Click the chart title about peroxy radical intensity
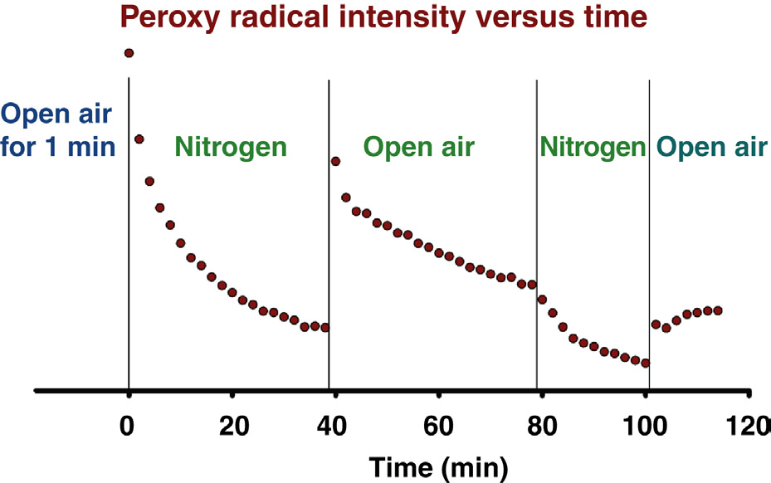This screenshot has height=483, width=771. pyautogui.click(x=383, y=17)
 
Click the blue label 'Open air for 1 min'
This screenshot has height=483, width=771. pyautogui.click(x=57, y=131)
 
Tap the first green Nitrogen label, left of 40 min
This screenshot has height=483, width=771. pyautogui.click(x=231, y=148)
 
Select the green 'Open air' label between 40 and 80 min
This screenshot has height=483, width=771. pyautogui.click(x=419, y=148)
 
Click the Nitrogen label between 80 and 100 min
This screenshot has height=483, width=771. pyautogui.click(x=593, y=148)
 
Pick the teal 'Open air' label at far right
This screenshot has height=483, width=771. pyautogui.click(x=711, y=148)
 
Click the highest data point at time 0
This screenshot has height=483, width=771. pyautogui.click(x=129, y=53)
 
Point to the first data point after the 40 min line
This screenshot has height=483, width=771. pyautogui.click(x=335, y=161)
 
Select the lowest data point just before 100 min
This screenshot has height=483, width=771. pyautogui.click(x=645, y=363)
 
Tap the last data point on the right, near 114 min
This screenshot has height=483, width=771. pyautogui.click(x=718, y=310)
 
